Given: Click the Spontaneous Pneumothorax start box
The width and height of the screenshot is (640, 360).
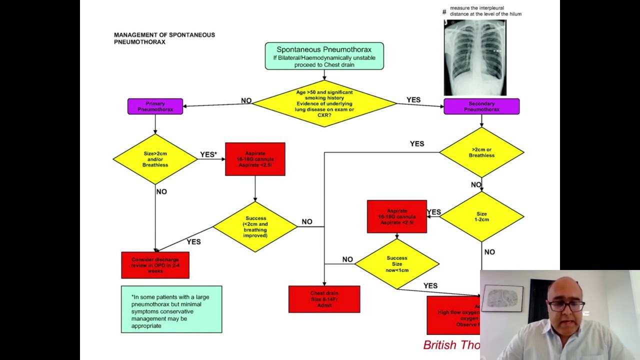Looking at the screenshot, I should pos(324,56).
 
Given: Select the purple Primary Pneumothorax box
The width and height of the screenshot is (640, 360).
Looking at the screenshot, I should pos(155,106).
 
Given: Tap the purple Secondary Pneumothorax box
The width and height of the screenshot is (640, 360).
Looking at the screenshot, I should pos(481,106).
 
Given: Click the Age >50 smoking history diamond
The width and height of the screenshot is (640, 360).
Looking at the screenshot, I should pos(324,104).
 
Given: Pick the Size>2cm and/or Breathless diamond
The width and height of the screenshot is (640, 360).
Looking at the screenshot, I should pos(155,159).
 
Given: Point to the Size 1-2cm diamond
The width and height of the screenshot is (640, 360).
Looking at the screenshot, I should pos(481,216).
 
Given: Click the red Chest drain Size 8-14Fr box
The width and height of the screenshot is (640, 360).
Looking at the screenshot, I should pos(324,299).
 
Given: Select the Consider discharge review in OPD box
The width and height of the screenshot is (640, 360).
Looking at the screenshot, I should pos(155,265).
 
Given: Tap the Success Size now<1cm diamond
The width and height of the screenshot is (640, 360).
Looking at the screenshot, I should pos(397,264).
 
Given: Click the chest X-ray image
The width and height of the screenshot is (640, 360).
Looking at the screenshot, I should pos(475,57).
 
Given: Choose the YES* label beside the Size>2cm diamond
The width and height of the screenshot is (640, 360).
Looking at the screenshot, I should pos(208,154).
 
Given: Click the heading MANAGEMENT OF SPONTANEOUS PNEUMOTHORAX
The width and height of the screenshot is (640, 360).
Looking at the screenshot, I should pos(164,38).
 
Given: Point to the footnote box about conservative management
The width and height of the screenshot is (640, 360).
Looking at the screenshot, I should pos(171,309).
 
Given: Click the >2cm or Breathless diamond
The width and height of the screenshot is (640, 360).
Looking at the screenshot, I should pos(481,152).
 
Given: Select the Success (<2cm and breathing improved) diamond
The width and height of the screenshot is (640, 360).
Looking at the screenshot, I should pos(255,226).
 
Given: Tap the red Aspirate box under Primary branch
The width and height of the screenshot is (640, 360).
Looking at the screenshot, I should pos(255,159).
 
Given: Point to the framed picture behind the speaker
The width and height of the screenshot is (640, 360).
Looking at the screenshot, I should pos(502,298).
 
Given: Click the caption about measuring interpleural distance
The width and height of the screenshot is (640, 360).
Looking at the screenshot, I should pos(485,11).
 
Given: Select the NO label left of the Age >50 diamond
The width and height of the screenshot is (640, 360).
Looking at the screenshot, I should pos(246,100).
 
